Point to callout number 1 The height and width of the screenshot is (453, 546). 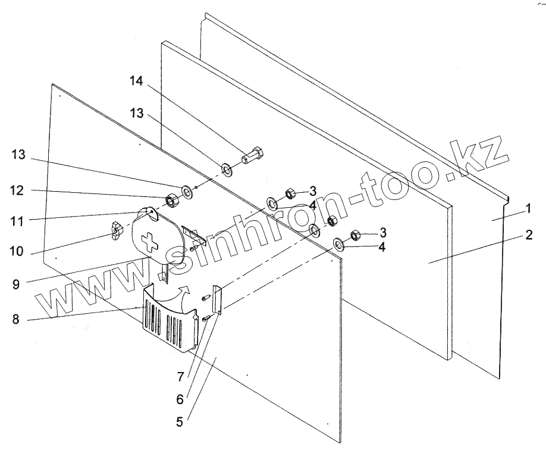pyautogui.click(x=527, y=210)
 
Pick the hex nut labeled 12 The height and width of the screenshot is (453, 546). pyautogui.click(x=171, y=201)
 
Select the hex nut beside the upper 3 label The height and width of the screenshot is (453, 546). pyautogui.click(x=291, y=193)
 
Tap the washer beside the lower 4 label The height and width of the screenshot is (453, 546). pyautogui.click(x=339, y=243)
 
